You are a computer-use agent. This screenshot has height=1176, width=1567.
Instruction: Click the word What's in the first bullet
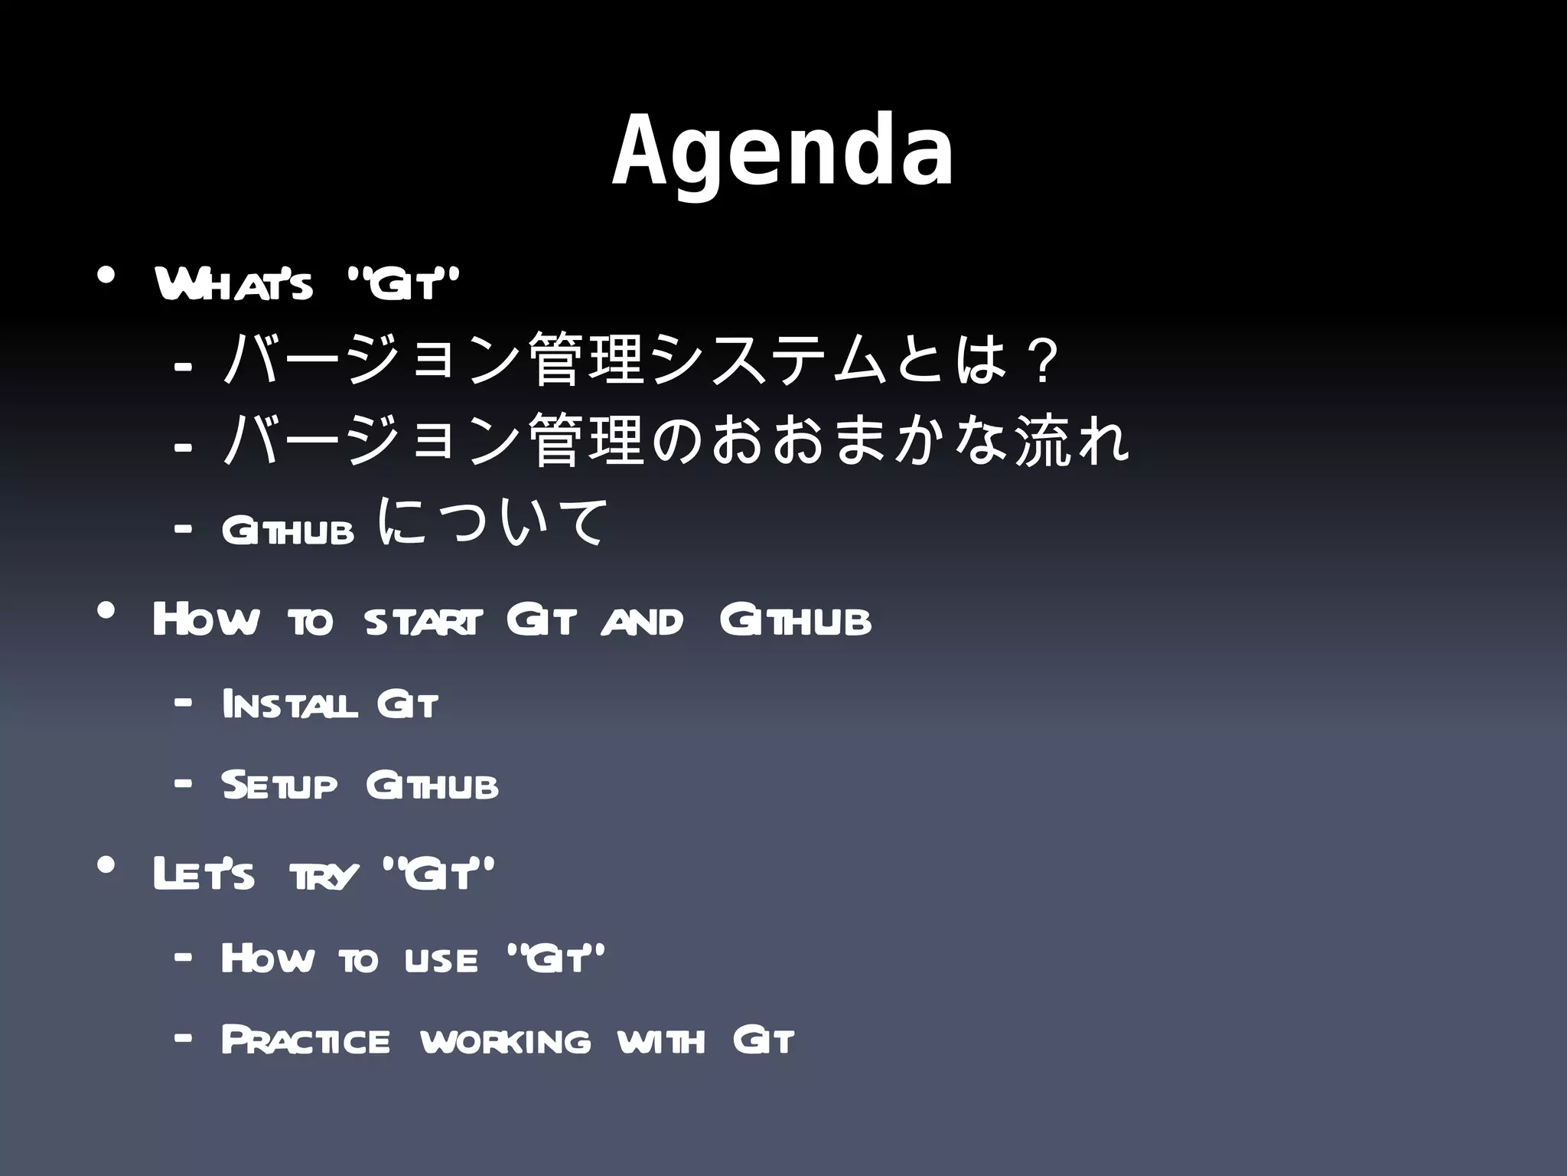click(x=233, y=284)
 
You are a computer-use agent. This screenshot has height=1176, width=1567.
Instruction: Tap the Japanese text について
click(x=494, y=522)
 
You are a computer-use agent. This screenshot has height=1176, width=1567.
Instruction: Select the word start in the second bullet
click(x=424, y=621)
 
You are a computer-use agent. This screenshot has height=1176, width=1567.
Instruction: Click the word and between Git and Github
click(x=641, y=621)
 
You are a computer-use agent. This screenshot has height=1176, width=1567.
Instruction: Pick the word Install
click(x=289, y=704)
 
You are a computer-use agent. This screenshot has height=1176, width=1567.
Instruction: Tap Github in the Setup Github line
click(x=432, y=786)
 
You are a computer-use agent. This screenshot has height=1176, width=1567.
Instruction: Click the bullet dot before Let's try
click(x=106, y=864)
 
